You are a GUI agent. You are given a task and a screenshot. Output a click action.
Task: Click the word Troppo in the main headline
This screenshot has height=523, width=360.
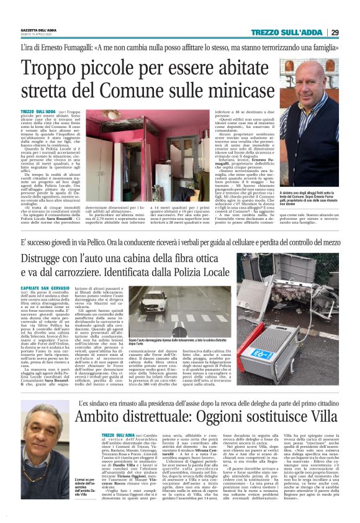[54, 67]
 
